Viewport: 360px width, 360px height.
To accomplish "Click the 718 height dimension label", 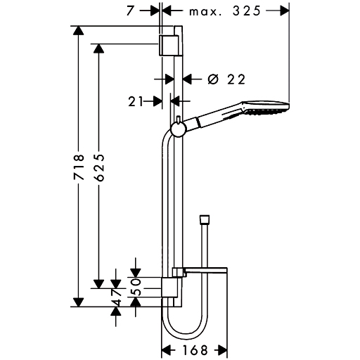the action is pyautogui.click(x=79, y=167).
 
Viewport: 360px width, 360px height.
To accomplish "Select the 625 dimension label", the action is pyautogui.click(x=99, y=167).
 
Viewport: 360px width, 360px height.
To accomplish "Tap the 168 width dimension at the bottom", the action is pyautogui.click(x=195, y=350).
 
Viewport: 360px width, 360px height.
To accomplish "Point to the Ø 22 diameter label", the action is pyautogui.click(x=226, y=79).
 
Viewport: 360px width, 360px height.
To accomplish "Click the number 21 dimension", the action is pyautogui.click(x=136, y=101).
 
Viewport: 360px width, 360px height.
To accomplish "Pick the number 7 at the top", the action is pyautogui.click(x=130, y=11).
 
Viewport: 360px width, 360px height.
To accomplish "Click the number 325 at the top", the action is pyautogui.click(x=247, y=11).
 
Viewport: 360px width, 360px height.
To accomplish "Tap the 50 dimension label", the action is pyautogui.click(x=136, y=286).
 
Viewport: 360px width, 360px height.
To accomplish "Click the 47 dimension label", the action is pyautogui.click(x=117, y=297).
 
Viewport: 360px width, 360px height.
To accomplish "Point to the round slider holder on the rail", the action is pyautogui.click(x=178, y=129).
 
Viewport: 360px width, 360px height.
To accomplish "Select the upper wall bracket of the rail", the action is pyautogui.click(x=171, y=46).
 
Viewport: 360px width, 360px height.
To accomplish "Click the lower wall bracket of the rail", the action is pyautogui.click(x=169, y=288).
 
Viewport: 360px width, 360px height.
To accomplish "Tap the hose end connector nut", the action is pyautogui.click(x=204, y=219).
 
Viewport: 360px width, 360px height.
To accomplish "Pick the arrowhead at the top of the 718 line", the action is pyautogui.click(x=78, y=30).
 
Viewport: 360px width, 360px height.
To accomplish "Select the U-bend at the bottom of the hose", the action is pyautogui.click(x=185, y=328).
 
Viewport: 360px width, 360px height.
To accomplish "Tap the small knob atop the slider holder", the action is pyautogui.click(x=179, y=119).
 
